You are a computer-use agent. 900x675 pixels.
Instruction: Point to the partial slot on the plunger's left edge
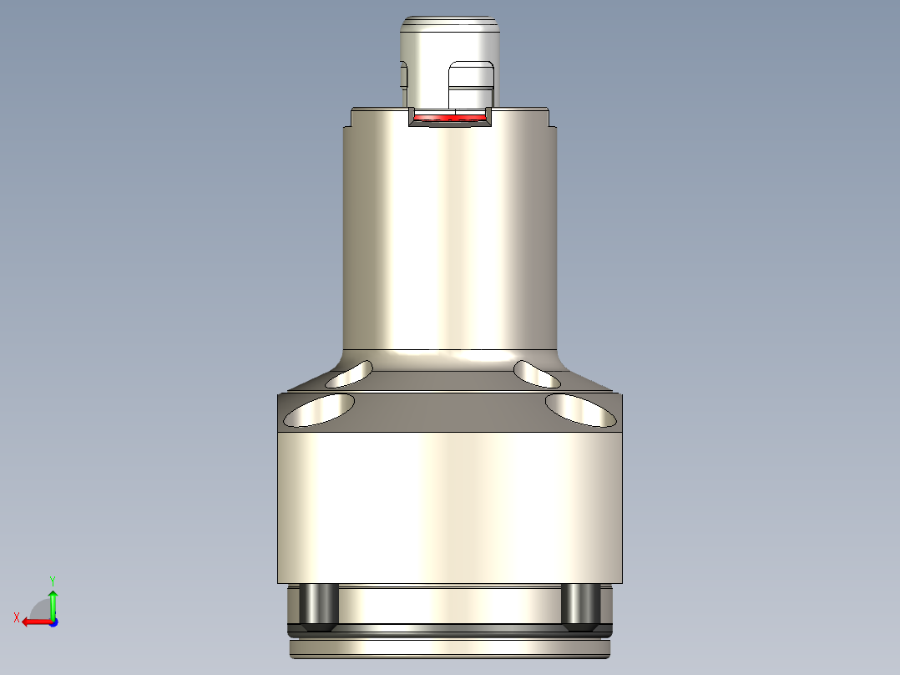403,76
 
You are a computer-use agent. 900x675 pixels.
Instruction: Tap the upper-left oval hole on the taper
350,375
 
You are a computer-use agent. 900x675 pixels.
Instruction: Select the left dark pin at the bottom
317,606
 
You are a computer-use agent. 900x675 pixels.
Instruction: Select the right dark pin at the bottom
579,606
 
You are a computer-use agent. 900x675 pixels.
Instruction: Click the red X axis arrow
33,622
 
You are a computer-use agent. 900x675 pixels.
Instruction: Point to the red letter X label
17,618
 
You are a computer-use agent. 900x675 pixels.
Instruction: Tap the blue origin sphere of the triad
53,622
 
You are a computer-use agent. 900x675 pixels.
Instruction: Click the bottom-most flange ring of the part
449,648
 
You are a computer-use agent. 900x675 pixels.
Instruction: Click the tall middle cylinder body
449,242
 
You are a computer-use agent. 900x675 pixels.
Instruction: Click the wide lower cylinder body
449,501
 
